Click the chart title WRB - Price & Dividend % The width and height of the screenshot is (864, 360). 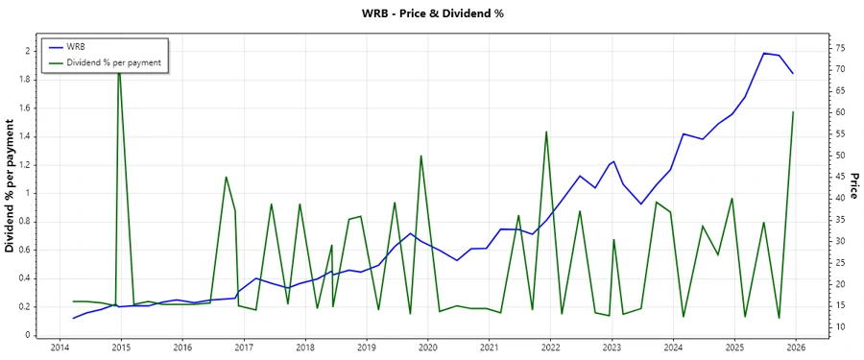432,13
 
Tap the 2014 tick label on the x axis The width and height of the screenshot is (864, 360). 59,347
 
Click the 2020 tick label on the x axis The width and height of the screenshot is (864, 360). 427,347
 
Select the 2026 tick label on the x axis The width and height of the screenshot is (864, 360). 796,347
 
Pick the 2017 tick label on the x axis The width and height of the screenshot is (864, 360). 243,347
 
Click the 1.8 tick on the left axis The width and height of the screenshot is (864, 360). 26,79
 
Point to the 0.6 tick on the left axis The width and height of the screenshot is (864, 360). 26,250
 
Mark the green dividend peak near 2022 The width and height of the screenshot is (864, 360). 546,132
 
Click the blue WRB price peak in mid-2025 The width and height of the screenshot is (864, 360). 764,53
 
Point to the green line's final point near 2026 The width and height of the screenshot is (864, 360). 793,112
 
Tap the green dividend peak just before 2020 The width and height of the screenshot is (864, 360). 420,156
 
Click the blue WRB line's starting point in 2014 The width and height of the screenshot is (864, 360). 74,318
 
